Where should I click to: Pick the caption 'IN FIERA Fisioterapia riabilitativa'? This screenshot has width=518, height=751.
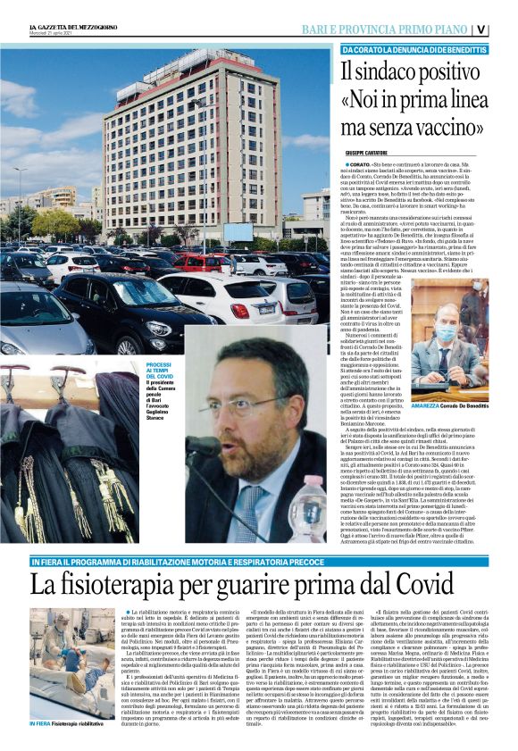[67, 747]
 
